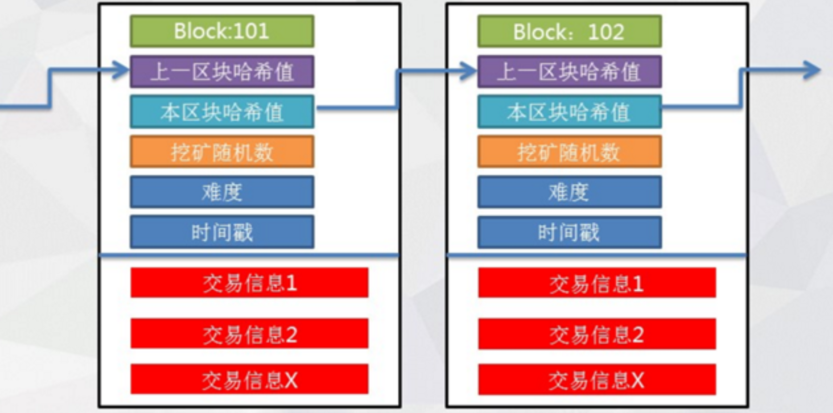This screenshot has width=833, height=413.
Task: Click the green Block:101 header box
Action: tap(222, 31)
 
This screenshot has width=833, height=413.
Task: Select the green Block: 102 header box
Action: tap(569, 31)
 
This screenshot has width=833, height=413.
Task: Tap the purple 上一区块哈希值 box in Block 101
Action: tap(222, 71)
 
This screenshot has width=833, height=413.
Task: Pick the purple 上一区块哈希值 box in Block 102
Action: tap(569, 71)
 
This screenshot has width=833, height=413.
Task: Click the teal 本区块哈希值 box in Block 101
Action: tap(222, 112)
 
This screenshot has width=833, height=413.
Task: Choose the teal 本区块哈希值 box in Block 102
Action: tap(569, 112)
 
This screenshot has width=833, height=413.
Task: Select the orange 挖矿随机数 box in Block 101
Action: tap(222, 152)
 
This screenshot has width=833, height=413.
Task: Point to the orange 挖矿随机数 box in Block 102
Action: tap(569, 152)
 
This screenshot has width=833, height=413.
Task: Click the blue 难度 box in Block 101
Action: tap(222, 192)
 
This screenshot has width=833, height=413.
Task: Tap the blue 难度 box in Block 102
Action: tap(569, 192)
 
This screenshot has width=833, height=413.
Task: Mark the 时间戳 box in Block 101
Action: tap(222, 232)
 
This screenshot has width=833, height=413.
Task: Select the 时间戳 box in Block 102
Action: tap(569, 232)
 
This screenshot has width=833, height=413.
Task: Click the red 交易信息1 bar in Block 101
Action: tap(249, 283)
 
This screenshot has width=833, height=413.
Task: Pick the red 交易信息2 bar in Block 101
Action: tap(249, 334)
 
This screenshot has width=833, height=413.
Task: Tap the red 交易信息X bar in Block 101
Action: tap(249, 380)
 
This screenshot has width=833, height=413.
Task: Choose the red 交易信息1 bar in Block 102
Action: tap(597, 283)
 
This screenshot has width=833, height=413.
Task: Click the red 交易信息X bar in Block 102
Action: tap(597, 380)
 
